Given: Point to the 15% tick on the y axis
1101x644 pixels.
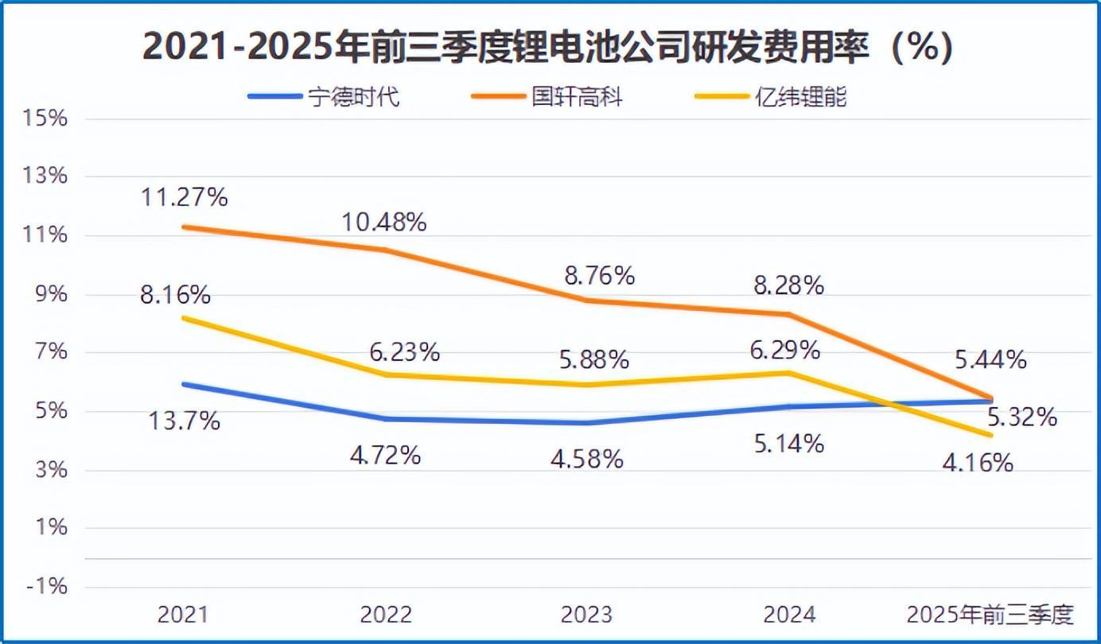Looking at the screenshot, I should tap(46, 118).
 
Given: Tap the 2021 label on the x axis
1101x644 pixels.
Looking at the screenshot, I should tap(184, 615).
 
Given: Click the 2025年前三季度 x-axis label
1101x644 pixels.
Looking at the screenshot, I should tap(990, 615).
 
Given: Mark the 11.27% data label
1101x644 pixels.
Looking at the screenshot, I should tap(184, 196).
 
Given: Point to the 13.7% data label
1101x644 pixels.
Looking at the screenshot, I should tap(184, 421).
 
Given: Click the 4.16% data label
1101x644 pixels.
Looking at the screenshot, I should tap(977, 462).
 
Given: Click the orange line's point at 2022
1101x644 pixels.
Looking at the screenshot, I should tap(386, 250).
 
